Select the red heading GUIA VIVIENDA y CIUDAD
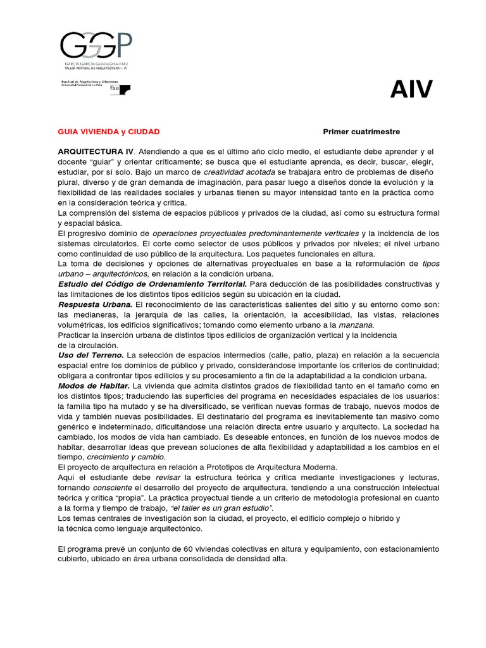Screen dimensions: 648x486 (108, 132)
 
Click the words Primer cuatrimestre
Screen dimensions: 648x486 (361, 132)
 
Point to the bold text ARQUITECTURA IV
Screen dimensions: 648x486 (96, 152)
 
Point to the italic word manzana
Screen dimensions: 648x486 (357, 325)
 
